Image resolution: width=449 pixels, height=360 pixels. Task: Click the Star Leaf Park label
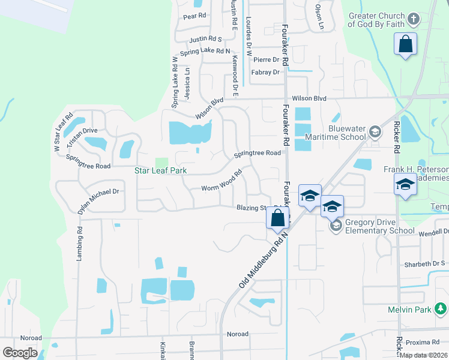coord(160,171)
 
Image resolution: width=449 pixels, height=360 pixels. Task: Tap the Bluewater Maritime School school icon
coord(375,131)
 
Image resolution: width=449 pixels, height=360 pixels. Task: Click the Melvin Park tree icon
coord(441,309)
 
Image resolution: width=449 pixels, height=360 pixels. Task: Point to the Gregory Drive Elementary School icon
coord(336,225)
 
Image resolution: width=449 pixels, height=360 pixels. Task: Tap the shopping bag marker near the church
coord(406,44)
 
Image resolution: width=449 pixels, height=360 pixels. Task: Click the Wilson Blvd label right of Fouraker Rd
coord(309,98)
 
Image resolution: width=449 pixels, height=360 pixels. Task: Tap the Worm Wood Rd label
coord(221,179)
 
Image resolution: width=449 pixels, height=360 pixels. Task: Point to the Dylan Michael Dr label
coord(98,201)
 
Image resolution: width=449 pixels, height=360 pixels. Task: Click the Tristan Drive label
coord(82,131)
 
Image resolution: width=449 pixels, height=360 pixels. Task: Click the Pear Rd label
coord(194,16)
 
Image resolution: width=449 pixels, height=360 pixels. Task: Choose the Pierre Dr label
coord(266,59)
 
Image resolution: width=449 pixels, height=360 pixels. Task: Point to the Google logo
coord(20,353)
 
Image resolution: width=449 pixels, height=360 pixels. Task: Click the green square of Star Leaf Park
coord(161,163)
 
